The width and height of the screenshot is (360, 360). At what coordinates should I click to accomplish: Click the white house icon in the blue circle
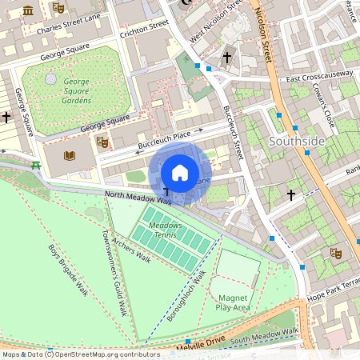pos(180,173)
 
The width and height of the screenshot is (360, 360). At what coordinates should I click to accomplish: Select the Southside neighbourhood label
pos(297,141)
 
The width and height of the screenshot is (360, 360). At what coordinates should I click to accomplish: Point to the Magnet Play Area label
pos(234,301)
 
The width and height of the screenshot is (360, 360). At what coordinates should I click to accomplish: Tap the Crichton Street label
pos(144,29)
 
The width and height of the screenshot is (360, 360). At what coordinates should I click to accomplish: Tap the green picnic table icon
pos(36,166)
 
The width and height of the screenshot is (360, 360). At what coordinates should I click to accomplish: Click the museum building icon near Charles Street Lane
pos(29,10)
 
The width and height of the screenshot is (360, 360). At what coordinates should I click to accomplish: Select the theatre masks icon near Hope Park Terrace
pos(337,253)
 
